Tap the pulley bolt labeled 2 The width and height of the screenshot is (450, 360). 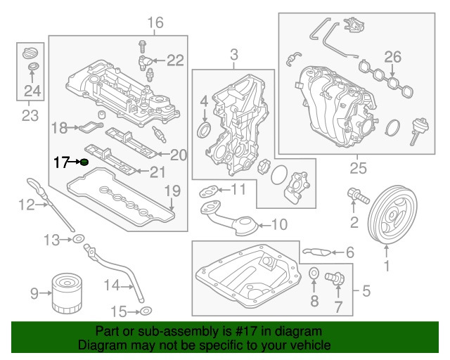click(356, 196)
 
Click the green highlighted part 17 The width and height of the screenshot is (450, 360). click(84, 162)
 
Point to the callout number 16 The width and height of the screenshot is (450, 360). click(155, 23)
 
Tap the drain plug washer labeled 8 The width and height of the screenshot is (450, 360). click(314, 274)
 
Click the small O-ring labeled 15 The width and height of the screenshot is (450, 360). click(145, 311)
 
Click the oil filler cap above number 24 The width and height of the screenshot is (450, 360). click(30, 53)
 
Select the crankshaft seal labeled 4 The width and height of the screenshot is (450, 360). click(205, 131)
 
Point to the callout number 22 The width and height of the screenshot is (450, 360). click(175, 59)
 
